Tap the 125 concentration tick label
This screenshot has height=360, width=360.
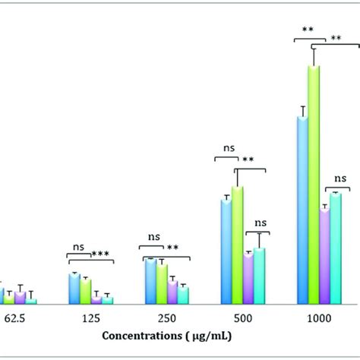click(x=90, y=315)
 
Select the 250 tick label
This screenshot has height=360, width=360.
click(x=166, y=315)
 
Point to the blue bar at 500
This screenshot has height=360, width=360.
click(x=226, y=251)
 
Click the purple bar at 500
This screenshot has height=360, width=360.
click(x=248, y=279)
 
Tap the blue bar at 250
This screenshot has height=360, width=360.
click(x=150, y=281)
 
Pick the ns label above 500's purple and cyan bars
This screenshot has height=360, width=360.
click(x=260, y=223)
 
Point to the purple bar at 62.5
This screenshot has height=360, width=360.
click(x=20, y=298)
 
